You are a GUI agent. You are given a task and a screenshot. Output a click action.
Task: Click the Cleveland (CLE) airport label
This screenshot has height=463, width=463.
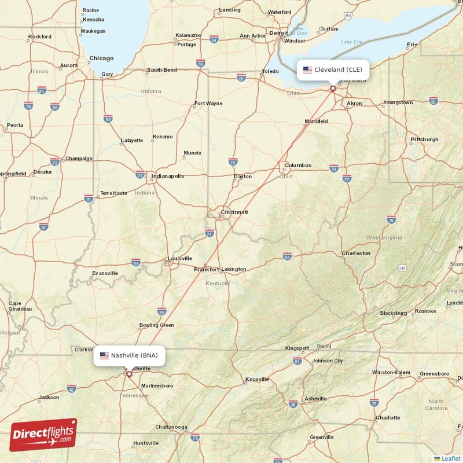[x=332, y=70]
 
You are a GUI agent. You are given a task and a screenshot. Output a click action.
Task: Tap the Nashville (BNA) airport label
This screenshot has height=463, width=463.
[x=129, y=355]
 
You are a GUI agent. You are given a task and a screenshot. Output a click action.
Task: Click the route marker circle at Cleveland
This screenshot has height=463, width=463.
[x=332, y=89]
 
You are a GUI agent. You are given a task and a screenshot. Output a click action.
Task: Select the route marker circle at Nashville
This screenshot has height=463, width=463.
[x=129, y=374]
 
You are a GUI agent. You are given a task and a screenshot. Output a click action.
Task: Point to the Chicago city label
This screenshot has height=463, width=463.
[x=101, y=58]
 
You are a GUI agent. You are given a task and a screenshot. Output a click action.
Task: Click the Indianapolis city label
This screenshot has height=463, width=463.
[x=167, y=176]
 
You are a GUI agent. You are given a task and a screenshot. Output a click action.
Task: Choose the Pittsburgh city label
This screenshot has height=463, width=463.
[x=424, y=139]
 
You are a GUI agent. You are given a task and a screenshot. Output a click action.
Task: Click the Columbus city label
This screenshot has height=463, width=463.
[x=297, y=166]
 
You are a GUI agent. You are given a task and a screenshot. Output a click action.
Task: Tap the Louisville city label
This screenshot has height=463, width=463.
[x=179, y=258]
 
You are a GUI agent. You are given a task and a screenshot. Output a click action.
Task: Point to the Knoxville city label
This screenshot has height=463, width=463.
[x=257, y=380]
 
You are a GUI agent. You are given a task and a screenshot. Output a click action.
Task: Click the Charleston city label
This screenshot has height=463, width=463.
[x=356, y=253]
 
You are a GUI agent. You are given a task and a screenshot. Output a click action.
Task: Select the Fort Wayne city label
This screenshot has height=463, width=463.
[x=208, y=104]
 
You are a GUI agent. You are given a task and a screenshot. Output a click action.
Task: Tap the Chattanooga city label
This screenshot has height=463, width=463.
[x=171, y=427]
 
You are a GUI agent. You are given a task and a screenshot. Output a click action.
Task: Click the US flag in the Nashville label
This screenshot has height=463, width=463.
[x=104, y=355]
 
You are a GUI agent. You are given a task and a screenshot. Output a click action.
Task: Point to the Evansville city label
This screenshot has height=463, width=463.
[x=105, y=273]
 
